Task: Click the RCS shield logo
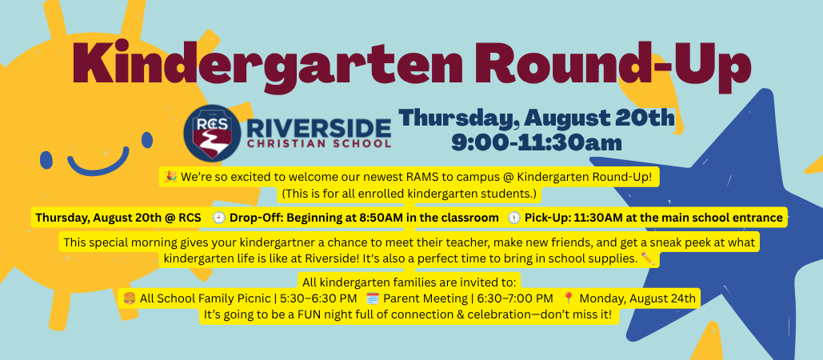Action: (x=212, y=132)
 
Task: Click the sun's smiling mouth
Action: (x=98, y=161)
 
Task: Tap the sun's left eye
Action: (x=46, y=159)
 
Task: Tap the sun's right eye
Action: (x=147, y=140)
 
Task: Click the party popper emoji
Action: (x=170, y=178)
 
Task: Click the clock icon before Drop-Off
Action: (x=219, y=218)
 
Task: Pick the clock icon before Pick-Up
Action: (x=513, y=218)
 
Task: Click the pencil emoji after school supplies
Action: (x=648, y=258)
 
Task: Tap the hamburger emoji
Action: (x=130, y=298)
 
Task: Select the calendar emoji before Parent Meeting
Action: (x=373, y=298)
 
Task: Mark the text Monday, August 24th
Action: (x=637, y=299)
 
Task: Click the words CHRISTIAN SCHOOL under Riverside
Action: (x=318, y=143)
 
